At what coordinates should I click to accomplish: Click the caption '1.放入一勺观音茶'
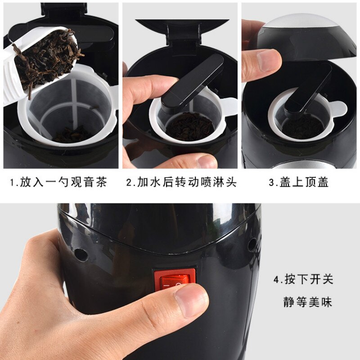58,183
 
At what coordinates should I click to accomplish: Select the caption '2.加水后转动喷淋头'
181,183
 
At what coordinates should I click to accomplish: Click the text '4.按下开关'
303,279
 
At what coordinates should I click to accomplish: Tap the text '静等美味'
308,302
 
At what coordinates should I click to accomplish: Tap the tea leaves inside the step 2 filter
189,126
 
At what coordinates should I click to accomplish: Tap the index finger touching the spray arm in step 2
144,90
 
